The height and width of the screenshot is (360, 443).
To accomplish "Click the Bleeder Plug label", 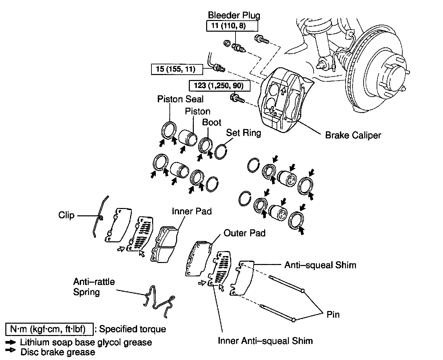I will (234, 15).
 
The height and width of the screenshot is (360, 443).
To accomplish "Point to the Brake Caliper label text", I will (353, 135).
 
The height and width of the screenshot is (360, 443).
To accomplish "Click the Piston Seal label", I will (180, 99).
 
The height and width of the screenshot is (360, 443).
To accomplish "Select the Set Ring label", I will (244, 133).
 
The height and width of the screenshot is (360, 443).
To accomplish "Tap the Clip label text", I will (66, 215).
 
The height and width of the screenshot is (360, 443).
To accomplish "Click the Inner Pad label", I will (192, 211).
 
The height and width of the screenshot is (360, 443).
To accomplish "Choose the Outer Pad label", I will (245, 233).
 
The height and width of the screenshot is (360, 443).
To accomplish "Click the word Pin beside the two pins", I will (333, 314).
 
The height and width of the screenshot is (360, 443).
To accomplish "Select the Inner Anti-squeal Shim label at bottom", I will (265, 341).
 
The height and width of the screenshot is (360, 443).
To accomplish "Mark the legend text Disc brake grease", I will (58, 352).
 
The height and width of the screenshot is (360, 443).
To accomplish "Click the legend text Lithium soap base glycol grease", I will (86, 342).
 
